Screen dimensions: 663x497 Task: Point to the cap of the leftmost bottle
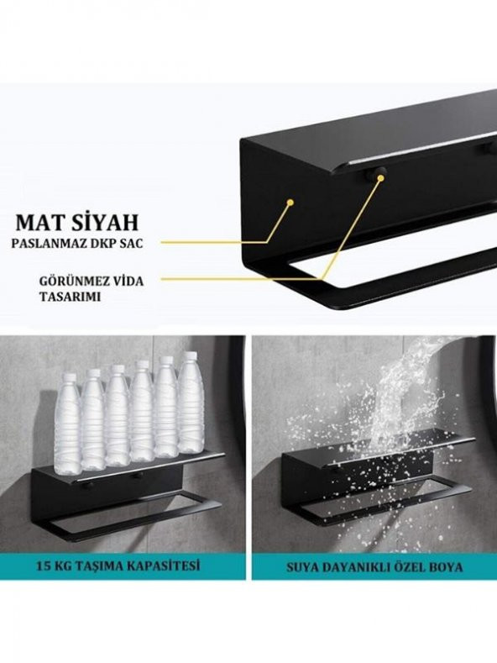pos(70,379)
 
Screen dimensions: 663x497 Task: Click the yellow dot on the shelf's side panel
pos(290,203)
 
